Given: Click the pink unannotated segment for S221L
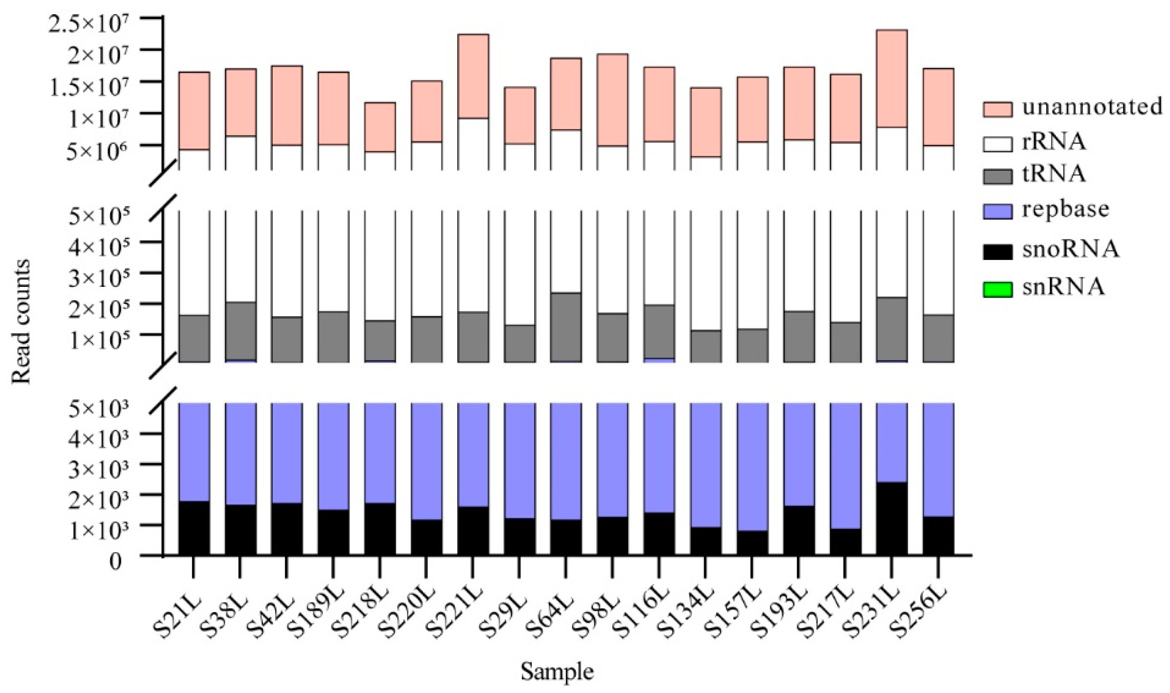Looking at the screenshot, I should click(x=473, y=76).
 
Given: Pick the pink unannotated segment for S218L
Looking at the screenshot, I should click(x=380, y=127).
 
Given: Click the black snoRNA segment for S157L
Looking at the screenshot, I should click(x=752, y=543).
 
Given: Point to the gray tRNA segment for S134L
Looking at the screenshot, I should click(x=705, y=346).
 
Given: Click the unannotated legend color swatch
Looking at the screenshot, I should click(x=997, y=109).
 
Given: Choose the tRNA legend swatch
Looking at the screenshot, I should click(x=997, y=176).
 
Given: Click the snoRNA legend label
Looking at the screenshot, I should click(x=1070, y=250).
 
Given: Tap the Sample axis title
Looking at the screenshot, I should click(x=557, y=672).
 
